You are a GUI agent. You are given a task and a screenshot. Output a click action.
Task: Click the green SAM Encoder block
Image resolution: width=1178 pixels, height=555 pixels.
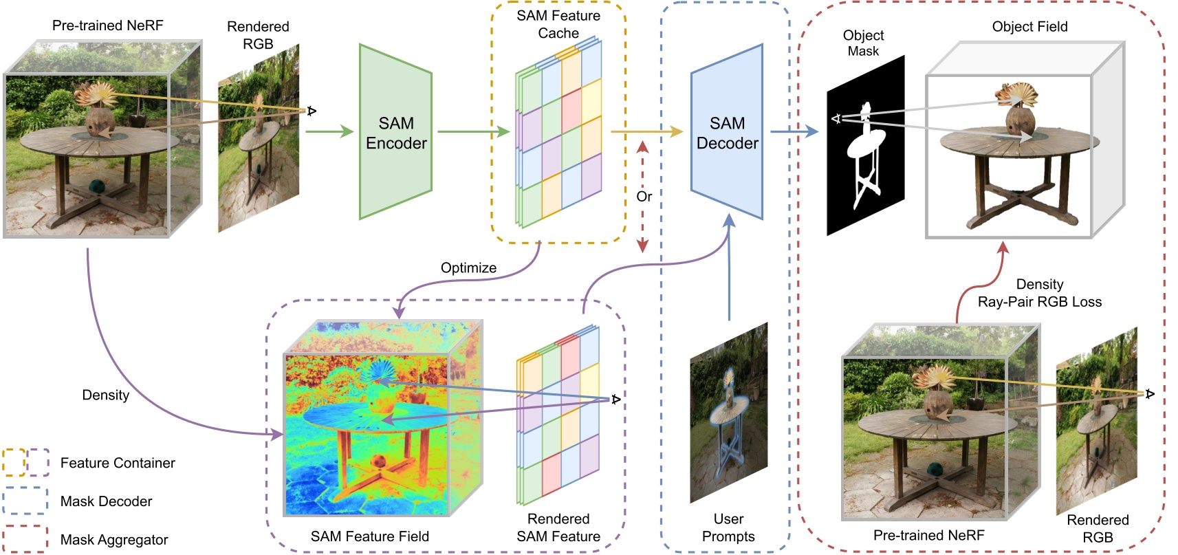(395, 133)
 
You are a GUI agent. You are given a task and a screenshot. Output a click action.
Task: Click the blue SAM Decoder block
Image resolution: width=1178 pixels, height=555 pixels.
(727, 133)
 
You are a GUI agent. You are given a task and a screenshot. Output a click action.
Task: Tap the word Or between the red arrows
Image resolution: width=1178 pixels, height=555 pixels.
(644, 197)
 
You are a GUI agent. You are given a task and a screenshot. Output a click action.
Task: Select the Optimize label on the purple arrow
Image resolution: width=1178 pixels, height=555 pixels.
(468, 268)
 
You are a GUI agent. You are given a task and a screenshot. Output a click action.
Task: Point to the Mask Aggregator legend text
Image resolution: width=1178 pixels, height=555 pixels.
(114, 540)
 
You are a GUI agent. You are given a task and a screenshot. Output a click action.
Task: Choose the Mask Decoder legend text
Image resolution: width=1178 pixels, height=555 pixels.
(106, 501)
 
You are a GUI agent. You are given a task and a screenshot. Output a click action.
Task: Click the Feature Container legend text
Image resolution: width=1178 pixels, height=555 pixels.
(118, 463)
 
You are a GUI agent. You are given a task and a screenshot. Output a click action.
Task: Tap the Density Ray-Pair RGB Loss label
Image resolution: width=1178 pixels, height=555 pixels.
(1039, 293)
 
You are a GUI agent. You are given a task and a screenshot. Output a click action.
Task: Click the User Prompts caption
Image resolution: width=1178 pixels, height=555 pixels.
(728, 527)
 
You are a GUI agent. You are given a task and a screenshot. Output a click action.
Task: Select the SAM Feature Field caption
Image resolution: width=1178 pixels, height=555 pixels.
(369, 536)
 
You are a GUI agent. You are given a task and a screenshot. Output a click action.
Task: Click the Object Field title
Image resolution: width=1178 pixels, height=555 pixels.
(1029, 27)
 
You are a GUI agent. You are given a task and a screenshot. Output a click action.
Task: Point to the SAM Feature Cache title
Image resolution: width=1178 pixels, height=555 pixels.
(558, 24)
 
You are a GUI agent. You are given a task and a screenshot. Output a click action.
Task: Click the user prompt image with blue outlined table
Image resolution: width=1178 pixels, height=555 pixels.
(729, 413)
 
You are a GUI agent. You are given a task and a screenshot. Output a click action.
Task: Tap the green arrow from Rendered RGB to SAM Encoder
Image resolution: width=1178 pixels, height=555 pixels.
(329, 131)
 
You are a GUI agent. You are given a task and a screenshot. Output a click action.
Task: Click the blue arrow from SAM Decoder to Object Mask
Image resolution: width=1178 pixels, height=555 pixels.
(794, 131)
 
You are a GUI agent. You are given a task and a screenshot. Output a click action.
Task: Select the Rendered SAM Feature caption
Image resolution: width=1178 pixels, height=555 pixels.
(558, 527)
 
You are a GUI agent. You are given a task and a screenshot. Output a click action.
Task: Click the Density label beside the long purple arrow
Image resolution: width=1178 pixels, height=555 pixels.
(105, 395)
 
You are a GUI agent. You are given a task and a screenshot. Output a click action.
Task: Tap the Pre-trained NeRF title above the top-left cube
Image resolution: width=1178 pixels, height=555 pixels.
(107, 25)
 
